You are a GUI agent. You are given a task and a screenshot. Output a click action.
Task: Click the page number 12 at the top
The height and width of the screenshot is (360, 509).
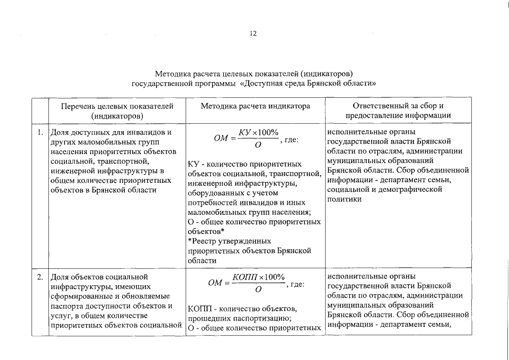click(253, 34)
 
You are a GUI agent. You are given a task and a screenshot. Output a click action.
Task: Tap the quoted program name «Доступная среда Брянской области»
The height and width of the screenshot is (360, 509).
click(308, 83)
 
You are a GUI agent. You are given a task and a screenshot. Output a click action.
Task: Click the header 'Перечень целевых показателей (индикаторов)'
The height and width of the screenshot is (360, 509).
click(117, 111)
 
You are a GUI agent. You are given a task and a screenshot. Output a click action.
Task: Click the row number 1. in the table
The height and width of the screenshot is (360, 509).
click(40, 133)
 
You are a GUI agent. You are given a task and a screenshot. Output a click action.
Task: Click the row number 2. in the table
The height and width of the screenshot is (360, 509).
click(40, 277)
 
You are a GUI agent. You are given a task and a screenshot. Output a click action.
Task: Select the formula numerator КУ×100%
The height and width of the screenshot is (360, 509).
click(258, 132)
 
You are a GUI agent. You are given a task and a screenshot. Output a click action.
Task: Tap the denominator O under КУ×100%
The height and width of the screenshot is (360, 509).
click(258, 145)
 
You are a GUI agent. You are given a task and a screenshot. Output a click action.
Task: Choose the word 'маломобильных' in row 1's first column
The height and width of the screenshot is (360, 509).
click(103, 142)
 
